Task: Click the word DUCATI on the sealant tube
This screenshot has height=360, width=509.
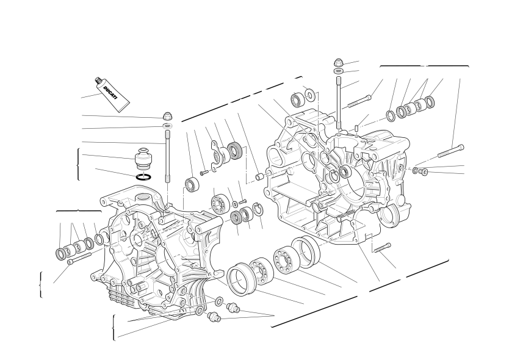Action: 110,93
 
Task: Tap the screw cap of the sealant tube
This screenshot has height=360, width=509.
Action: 99,81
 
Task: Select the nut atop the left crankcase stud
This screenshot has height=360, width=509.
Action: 167,115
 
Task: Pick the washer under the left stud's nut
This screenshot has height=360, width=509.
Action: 167,126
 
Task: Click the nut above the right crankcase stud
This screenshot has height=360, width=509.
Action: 339,62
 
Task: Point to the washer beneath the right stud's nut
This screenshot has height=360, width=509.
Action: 339,71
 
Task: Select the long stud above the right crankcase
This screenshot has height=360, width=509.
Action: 339,103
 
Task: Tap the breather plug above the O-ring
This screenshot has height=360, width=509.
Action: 143,159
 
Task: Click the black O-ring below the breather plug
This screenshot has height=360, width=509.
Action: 143,177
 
